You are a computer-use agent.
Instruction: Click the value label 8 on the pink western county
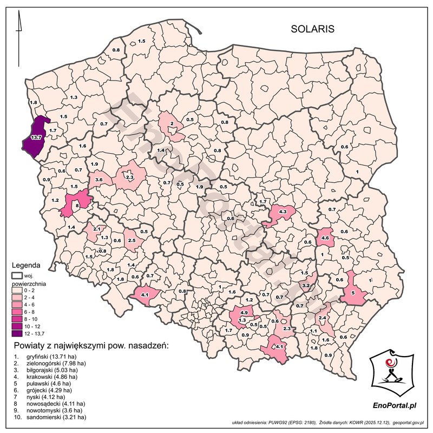click(77, 205)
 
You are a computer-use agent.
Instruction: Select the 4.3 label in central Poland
click(283, 212)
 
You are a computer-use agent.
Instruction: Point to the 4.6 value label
click(325, 238)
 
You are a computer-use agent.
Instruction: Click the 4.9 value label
click(244, 313)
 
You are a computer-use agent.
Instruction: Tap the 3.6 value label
click(99, 179)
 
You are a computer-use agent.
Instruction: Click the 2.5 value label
click(132, 239)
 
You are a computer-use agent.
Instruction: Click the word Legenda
click(25, 266)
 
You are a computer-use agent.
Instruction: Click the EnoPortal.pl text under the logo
click(395, 405)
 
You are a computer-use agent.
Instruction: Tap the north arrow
click(19, 24)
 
